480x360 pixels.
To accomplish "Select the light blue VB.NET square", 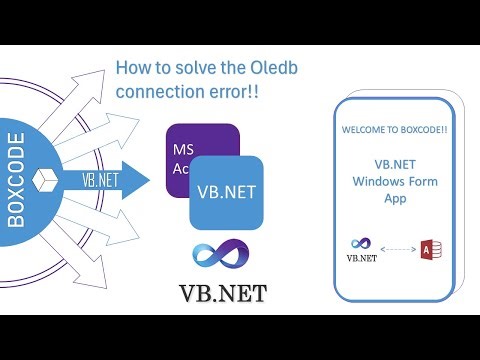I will (226, 192).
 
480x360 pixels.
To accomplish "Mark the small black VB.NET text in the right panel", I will (361, 257).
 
